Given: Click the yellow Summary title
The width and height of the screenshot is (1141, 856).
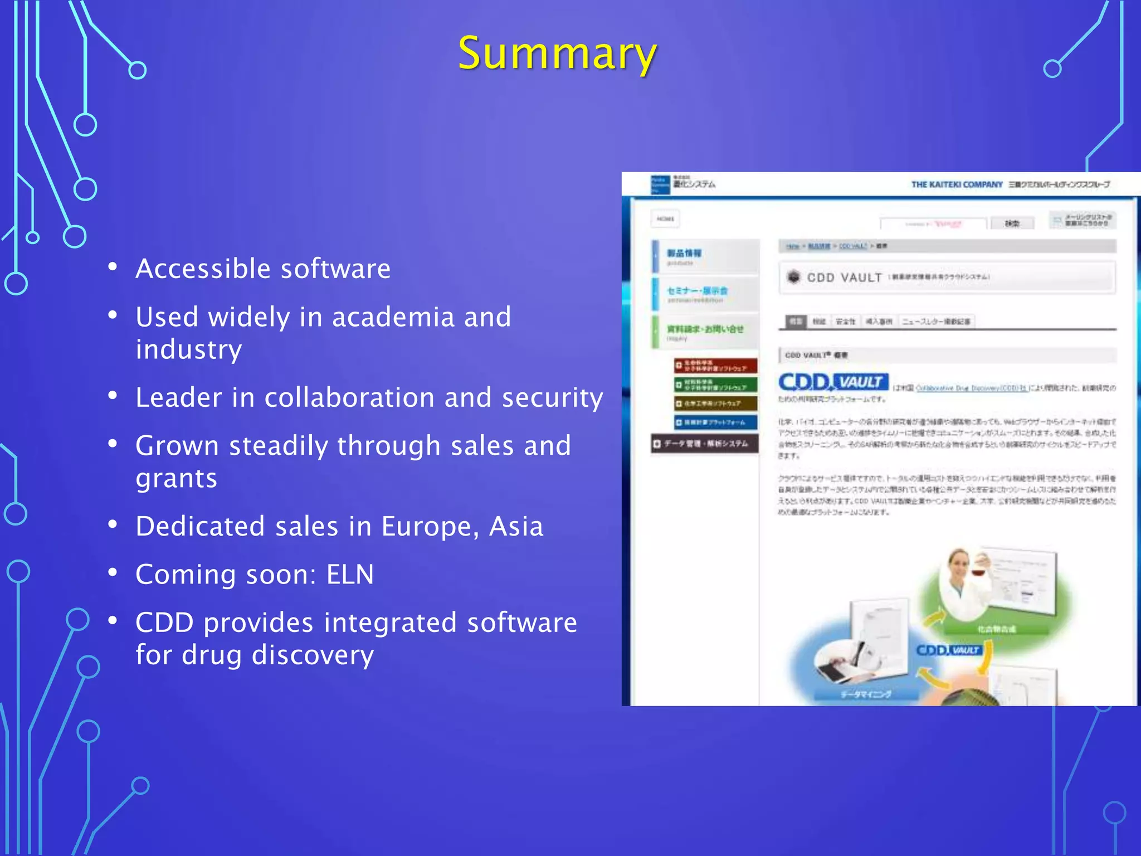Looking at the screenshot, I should (557, 53).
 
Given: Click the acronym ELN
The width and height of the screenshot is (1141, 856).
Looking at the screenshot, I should (350, 575).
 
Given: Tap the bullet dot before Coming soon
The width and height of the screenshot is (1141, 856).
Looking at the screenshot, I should (113, 572).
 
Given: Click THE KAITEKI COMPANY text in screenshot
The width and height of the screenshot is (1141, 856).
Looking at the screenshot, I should (956, 184).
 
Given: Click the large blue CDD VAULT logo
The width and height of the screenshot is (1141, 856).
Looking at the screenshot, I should (833, 382).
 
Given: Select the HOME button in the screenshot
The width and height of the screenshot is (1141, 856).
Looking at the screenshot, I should (665, 219).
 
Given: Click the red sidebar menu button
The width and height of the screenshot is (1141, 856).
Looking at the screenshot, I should (715, 366).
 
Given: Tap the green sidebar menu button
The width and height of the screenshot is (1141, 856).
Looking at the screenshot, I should (715, 385).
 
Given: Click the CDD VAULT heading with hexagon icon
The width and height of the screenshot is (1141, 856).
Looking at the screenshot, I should (844, 278).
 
